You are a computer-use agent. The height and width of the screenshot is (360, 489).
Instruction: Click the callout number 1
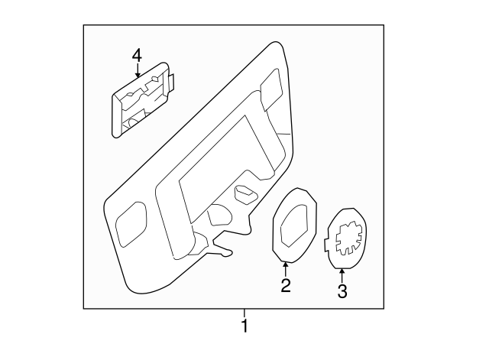pos(244,327)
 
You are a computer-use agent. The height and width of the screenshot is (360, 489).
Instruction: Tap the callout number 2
pos(286,286)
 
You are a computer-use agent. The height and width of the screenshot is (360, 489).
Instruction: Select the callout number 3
pos(342,290)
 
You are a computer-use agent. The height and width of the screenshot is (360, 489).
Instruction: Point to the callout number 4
pos(137,55)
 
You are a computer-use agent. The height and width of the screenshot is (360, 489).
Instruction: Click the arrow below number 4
pos(137,74)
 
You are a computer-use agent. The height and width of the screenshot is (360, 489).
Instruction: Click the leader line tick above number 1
pos(244,313)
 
